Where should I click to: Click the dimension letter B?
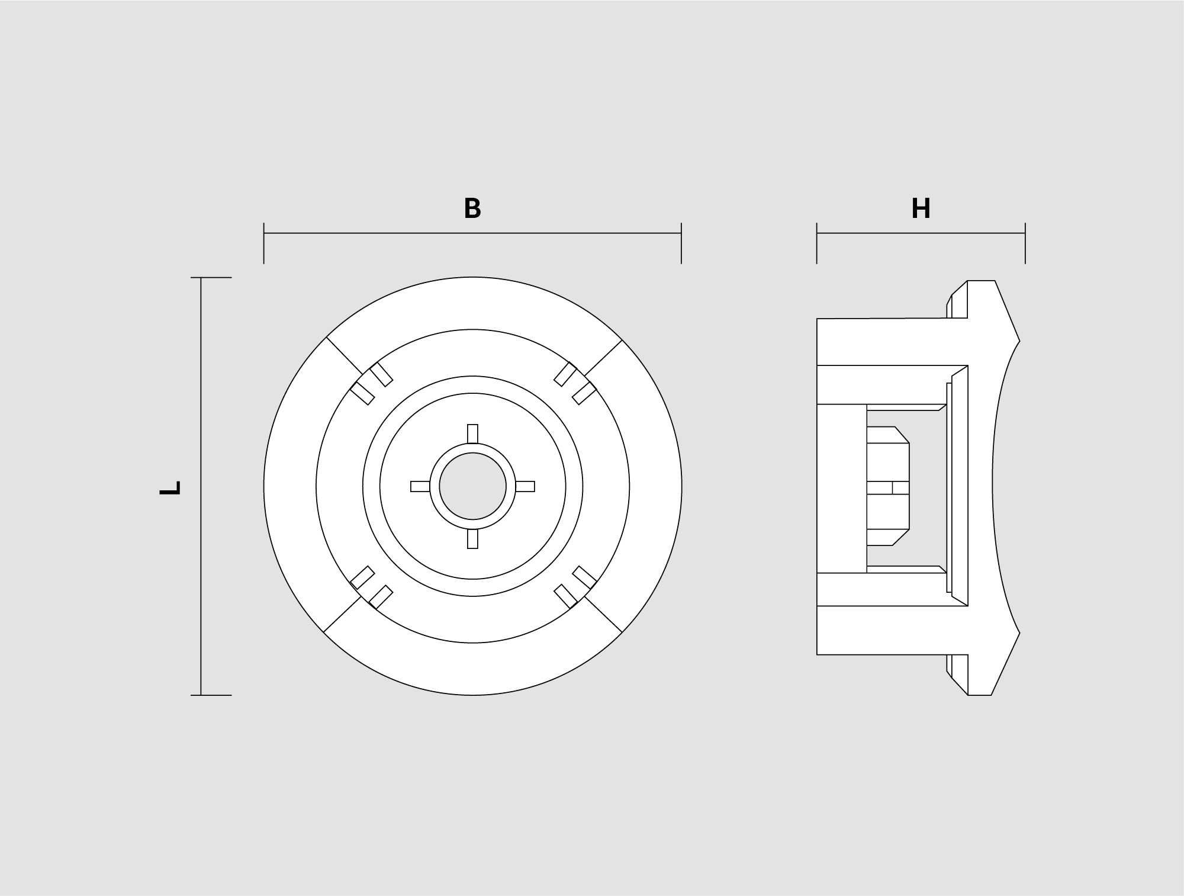point(472,208)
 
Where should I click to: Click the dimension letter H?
point(921,208)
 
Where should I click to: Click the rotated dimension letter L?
point(170,488)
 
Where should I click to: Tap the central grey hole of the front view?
point(472,487)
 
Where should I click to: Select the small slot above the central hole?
point(472,433)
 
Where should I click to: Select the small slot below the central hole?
point(472,539)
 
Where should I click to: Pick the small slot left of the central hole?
point(420,487)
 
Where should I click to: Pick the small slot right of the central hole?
point(525,487)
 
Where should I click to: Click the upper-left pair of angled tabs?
point(372,383)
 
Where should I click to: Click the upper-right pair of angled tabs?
point(575,383)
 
